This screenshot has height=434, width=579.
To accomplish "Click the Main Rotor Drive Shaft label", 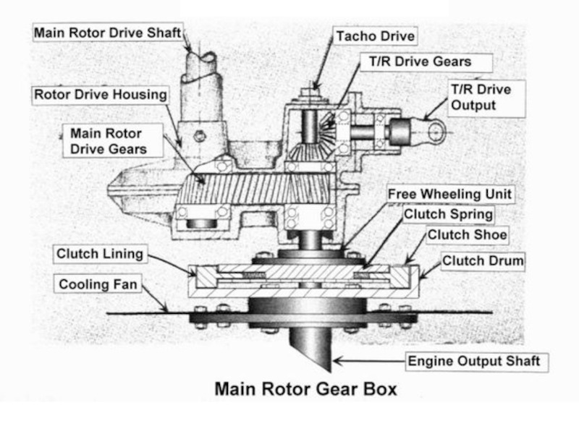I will point(106,33).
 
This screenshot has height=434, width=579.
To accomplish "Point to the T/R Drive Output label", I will point(481,97).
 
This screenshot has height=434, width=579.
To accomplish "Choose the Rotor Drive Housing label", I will point(101,94).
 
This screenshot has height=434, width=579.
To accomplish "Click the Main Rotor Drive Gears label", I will point(106,141).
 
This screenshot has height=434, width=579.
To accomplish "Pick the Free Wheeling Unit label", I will point(449,194).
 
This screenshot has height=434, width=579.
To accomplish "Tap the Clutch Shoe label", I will point(467,235).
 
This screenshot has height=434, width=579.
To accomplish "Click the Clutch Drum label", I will point(482,260).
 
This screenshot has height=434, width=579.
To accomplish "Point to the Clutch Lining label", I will point(100,254).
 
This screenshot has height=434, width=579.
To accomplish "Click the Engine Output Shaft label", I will point(473,360).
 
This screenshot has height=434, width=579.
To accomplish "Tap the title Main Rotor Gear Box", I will point(305,389).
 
